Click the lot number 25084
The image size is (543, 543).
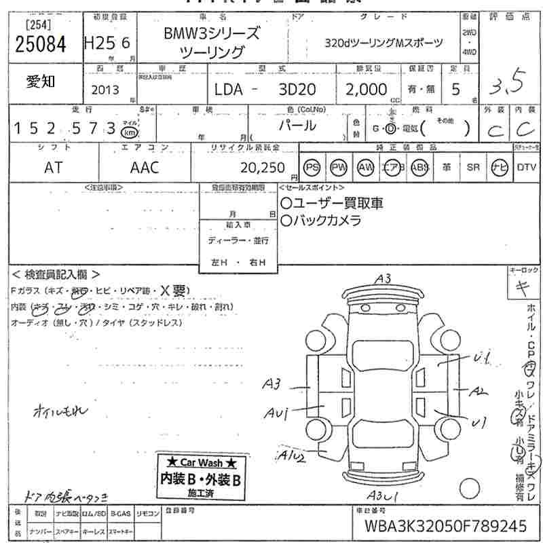tap(40, 45)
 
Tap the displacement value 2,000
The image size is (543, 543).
tap(367, 90)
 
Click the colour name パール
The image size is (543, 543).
tap(297, 126)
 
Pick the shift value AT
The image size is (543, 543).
tap(53, 168)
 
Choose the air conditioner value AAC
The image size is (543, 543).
tap(145, 168)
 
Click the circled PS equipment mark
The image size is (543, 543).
tap(312, 168)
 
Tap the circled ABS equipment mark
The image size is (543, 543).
tap(419, 168)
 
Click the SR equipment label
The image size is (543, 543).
tap(473, 168)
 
